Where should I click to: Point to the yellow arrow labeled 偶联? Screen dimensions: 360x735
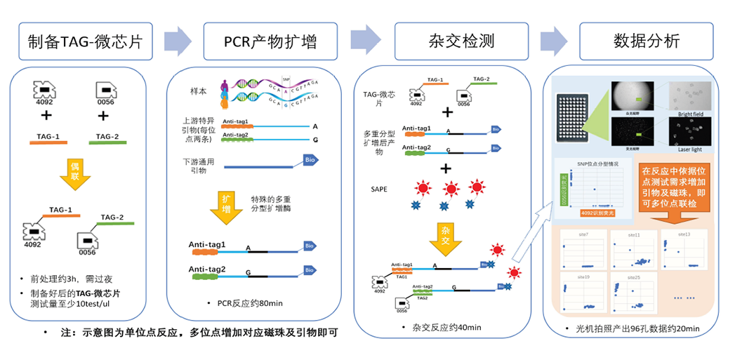[80, 172]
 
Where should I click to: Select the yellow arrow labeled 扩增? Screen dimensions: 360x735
[227, 207]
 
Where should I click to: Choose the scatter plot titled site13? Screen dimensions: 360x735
[684, 250]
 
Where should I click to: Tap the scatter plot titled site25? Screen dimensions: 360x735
[635, 293]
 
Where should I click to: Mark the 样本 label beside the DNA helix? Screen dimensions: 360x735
[199, 93]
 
